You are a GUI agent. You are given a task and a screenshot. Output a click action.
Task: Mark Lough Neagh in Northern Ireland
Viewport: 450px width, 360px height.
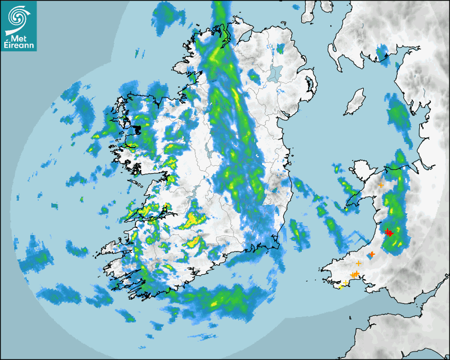(x=275, y=73)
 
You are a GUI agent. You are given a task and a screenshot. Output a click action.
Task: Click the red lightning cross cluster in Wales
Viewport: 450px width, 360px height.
(x=389, y=232)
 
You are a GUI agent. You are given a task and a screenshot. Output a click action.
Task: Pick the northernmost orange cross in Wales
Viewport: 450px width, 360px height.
(x=381, y=185)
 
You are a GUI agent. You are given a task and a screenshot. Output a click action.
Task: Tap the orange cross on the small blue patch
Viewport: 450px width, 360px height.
(x=372, y=255)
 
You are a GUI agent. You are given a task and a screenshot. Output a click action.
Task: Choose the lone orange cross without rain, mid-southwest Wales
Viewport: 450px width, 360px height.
(x=358, y=263)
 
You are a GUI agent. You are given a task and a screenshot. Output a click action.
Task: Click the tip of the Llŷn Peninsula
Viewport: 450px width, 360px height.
(x=348, y=207)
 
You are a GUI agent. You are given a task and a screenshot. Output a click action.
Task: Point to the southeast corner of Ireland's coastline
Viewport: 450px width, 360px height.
(x=277, y=245)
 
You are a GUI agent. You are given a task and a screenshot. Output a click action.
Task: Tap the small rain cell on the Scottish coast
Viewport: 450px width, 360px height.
(x=386, y=63)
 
